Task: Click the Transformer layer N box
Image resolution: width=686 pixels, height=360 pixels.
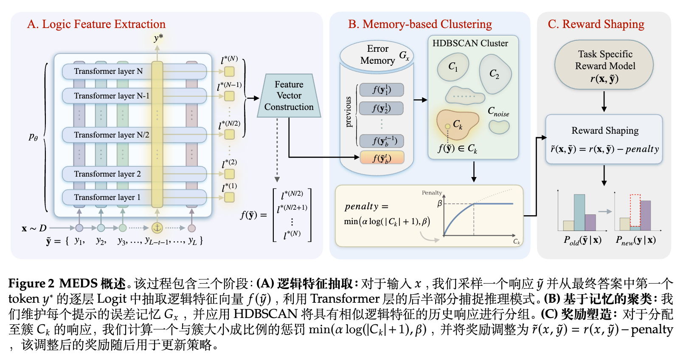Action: point(108,71)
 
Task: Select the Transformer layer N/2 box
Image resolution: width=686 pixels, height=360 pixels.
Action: point(112,135)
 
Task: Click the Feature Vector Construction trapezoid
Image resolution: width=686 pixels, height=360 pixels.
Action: point(289,96)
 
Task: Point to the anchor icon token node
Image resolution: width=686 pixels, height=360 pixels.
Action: point(157,228)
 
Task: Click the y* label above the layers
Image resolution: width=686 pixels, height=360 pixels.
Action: point(158,38)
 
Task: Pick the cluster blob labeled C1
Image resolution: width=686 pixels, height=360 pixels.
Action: point(453,67)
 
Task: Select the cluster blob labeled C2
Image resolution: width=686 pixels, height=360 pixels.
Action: point(495,74)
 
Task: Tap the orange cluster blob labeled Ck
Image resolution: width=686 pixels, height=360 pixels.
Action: point(458,124)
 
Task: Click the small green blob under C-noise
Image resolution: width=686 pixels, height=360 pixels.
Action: point(499,127)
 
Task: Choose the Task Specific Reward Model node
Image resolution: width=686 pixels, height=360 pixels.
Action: point(604,65)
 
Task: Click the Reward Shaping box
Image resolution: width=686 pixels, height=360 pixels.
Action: point(604,139)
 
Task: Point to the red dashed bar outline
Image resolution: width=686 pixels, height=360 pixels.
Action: point(635,210)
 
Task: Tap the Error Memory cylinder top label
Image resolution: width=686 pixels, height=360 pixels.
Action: point(377,55)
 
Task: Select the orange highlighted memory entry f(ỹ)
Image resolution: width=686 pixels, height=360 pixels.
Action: point(382,158)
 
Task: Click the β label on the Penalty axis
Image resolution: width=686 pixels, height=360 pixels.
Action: point(440,204)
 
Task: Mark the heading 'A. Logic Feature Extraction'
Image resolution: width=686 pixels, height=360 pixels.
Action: point(96,24)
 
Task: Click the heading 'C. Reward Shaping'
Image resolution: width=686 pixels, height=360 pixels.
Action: point(596,24)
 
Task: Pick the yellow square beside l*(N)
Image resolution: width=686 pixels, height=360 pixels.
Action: point(229,71)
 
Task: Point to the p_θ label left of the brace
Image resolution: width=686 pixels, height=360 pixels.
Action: point(34,137)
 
